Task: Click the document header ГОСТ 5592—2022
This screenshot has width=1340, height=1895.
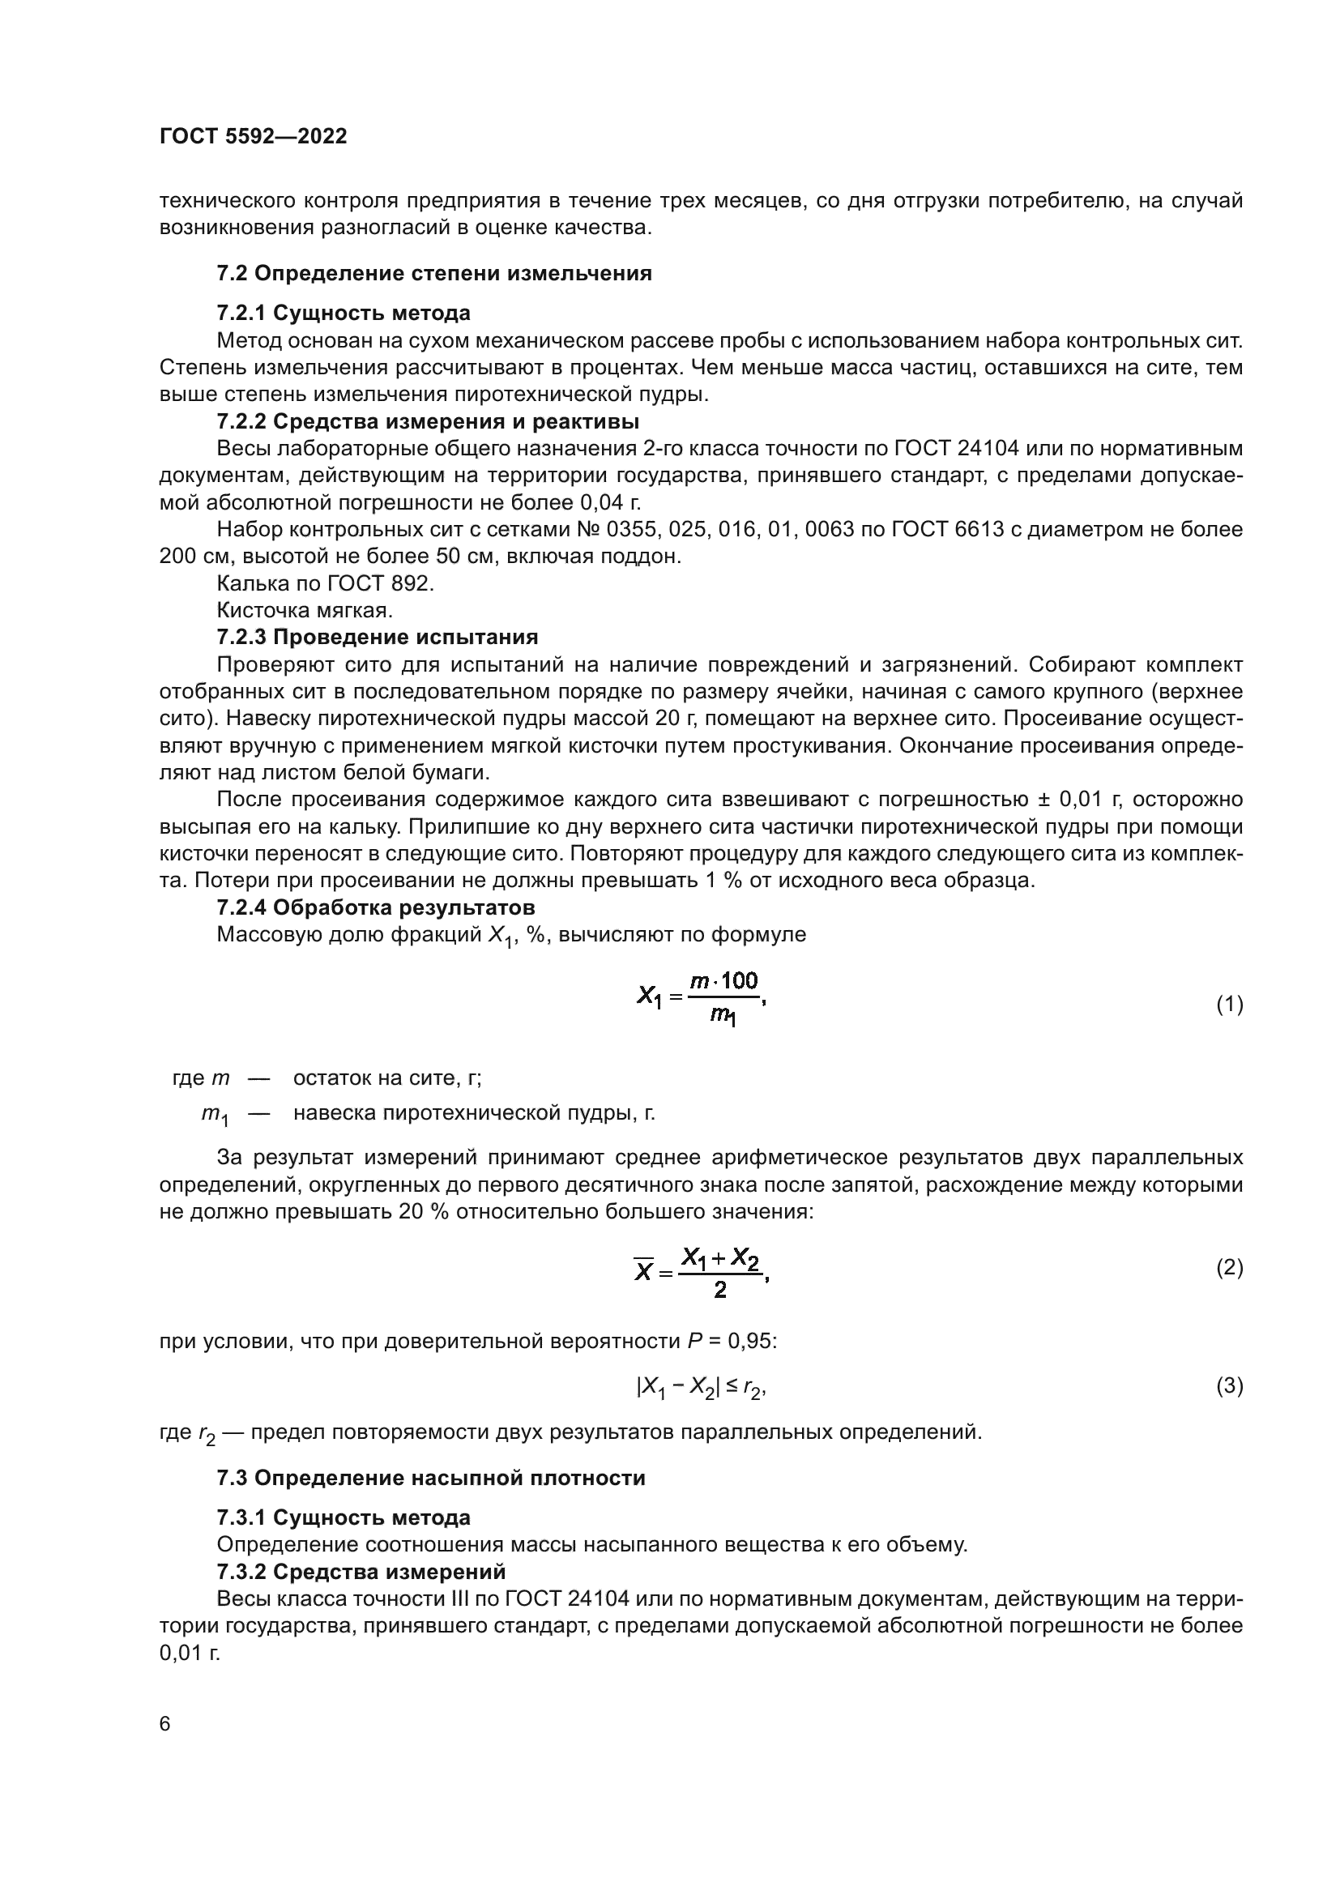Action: click(x=254, y=136)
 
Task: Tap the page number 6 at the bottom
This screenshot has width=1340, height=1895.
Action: click(x=165, y=1724)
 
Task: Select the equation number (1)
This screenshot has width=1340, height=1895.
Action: click(x=1230, y=1005)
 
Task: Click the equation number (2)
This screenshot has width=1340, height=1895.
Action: click(x=1230, y=1267)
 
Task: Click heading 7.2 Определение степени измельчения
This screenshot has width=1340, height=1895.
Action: click(x=434, y=273)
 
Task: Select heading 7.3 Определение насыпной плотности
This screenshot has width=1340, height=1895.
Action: click(x=431, y=1478)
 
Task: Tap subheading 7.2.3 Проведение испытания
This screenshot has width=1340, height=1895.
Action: click(x=377, y=637)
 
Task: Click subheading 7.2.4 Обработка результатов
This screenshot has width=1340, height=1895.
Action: click(x=375, y=908)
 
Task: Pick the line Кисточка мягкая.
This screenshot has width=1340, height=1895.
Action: click(x=305, y=610)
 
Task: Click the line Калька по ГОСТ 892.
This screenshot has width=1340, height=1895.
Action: click(x=324, y=583)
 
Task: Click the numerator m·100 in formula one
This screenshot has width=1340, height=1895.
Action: click(x=723, y=981)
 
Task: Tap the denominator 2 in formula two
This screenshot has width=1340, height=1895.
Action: click(x=720, y=1291)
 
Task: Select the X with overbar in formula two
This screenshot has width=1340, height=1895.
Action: click(x=643, y=1272)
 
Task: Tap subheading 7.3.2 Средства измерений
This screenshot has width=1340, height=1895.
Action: click(x=361, y=1572)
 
